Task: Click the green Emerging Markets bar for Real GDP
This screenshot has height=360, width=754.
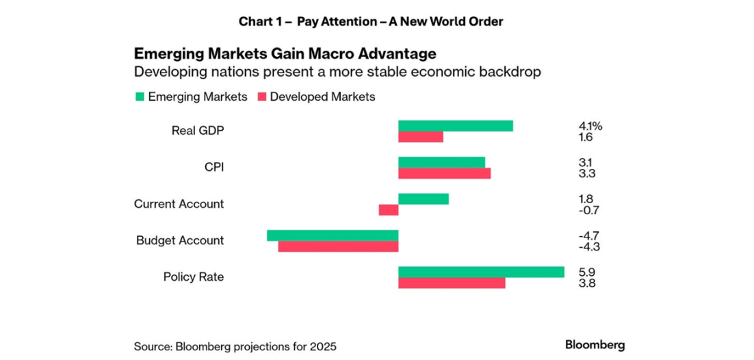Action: point(455,125)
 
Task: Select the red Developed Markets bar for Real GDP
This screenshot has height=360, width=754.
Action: point(421,137)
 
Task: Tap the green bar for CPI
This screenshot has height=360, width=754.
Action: point(441,162)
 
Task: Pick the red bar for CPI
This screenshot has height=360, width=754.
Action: point(444,173)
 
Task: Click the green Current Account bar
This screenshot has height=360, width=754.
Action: point(423,198)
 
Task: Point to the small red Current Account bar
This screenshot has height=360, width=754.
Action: point(389,210)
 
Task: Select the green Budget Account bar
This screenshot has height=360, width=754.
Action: point(333,235)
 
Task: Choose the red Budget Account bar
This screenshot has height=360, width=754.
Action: point(338,246)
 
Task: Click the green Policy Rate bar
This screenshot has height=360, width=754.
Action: point(481,272)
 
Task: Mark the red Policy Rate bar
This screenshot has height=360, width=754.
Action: point(452,283)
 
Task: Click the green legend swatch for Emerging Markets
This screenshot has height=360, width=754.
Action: point(140,97)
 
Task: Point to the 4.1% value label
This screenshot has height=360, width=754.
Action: point(590,126)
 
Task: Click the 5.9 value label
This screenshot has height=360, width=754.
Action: point(586,272)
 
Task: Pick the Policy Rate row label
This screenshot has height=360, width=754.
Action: point(193,277)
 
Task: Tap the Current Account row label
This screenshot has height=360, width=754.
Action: point(179,204)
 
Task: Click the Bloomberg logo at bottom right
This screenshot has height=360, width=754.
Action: point(595,345)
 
